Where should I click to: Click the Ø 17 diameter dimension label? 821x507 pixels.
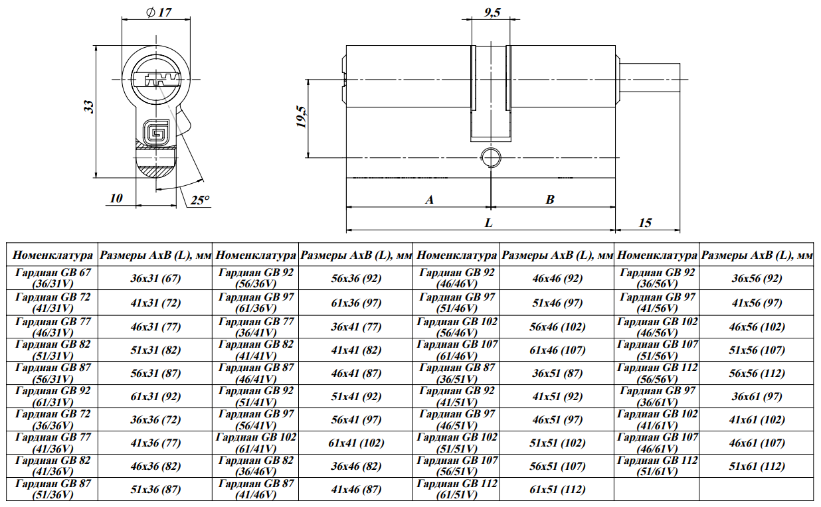[159, 12]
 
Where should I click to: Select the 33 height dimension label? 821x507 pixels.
[89, 107]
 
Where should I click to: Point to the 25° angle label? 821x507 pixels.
[200, 200]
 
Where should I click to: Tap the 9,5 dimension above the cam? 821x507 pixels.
[492, 13]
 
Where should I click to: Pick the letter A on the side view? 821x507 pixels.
[429, 200]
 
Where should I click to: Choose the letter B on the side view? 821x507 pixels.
[550, 200]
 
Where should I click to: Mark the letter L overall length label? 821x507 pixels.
[489, 222]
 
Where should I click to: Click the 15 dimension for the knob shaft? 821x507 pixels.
[646, 222]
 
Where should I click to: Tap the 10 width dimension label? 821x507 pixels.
[116, 198]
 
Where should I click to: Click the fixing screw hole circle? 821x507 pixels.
[491, 158]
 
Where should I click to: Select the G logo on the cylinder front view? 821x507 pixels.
[156, 132]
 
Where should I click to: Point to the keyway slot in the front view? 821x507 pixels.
[156, 79]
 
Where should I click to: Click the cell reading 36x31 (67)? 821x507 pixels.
[155, 278]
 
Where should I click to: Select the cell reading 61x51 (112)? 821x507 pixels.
[557, 489]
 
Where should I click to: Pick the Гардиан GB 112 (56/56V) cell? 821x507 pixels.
[657, 373]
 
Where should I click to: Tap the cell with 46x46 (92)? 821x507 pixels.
[557, 278]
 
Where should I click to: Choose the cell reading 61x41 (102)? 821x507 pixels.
[356, 443]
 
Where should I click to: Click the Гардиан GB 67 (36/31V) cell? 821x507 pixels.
[52, 278]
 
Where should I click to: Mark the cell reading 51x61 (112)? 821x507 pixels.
[757, 466]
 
